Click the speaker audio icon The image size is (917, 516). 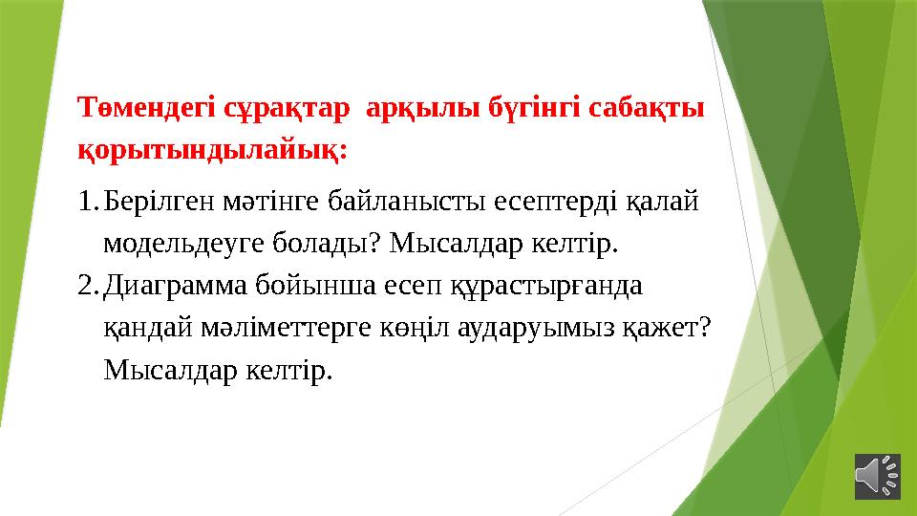[878, 475]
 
